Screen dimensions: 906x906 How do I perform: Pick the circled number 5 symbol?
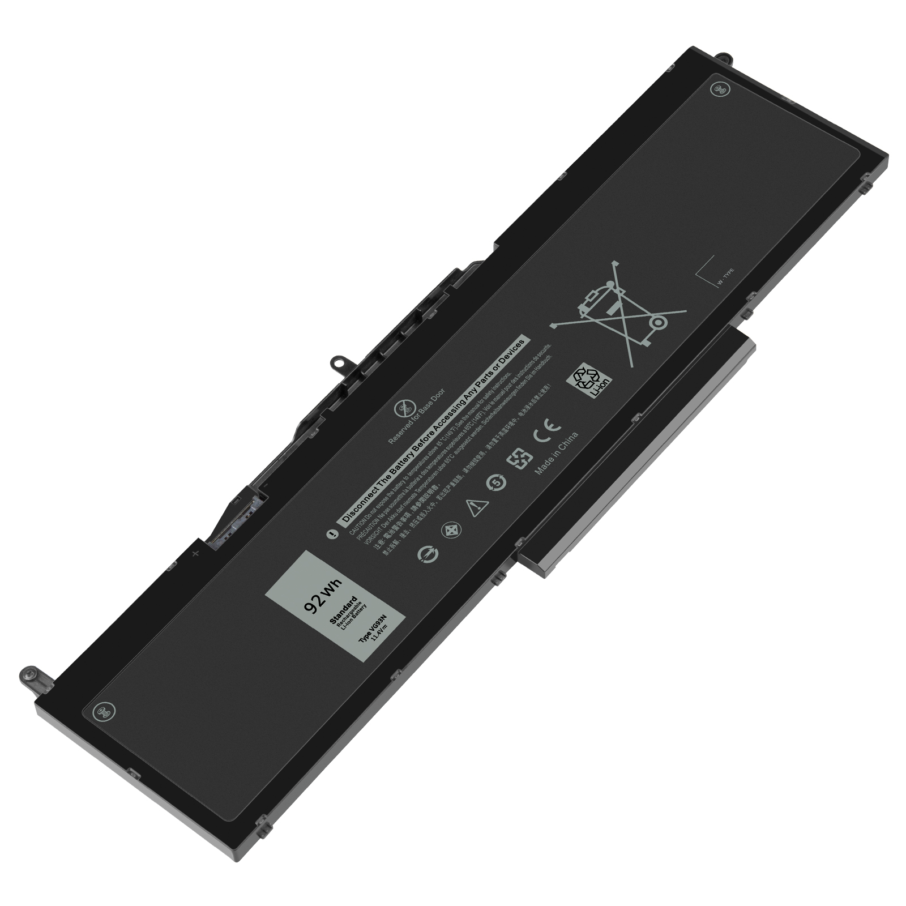coord(497,482)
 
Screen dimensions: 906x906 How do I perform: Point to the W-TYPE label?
coord(725,277)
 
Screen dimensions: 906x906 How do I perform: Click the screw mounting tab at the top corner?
coord(723,57)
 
